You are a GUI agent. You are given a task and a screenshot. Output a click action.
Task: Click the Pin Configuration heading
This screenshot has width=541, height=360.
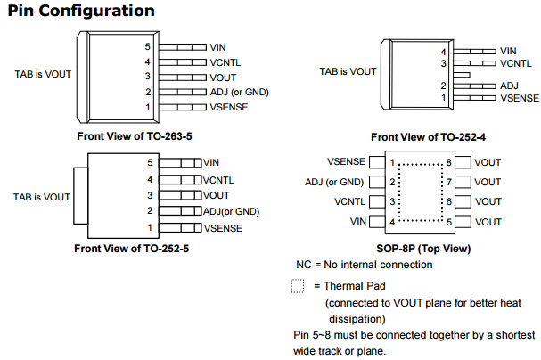[79, 11]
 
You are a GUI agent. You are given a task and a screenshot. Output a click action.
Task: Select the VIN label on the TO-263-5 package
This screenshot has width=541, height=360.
[218, 46]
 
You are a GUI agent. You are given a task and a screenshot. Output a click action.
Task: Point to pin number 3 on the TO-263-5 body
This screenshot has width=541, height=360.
[149, 77]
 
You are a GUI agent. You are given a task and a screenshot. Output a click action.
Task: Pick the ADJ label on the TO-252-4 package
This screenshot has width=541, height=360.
[509, 86]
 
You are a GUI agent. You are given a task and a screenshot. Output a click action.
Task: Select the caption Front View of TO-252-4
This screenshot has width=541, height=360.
[434, 137]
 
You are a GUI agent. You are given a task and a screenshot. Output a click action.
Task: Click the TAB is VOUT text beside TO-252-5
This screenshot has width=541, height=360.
[41, 196]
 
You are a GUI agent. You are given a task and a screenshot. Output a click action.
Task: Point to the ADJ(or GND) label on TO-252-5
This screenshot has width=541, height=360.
[231, 211]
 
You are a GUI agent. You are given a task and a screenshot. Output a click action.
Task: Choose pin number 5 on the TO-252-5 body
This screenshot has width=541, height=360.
[150, 163]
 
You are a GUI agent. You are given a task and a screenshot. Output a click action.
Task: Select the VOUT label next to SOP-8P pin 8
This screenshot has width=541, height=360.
[488, 162]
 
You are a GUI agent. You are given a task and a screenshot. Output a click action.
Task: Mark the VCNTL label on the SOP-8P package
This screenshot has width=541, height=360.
[350, 201]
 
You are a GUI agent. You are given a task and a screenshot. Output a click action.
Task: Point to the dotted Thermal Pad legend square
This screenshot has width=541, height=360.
[297, 287]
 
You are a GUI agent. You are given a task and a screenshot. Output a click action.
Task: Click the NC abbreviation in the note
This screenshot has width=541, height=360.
[304, 266]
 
